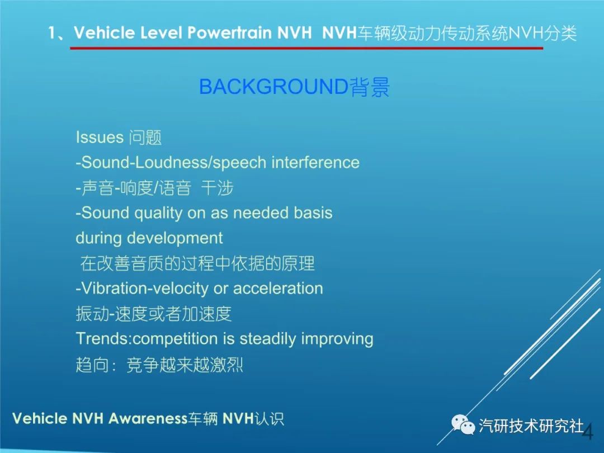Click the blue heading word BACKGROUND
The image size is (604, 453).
(x=273, y=86)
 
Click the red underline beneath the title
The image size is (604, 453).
(x=306, y=48)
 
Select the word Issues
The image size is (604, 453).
(x=100, y=138)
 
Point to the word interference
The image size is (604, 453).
(x=315, y=162)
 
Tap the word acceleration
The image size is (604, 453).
(x=278, y=289)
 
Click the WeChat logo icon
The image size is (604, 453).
(x=463, y=425)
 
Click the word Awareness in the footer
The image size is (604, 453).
(x=148, y=418)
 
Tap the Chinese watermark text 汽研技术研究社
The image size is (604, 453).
(x=531, y=426)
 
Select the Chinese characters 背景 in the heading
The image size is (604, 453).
(x=370, y=87)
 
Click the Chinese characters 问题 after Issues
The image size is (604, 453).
(x=145, y=138)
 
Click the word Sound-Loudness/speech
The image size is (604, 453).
(x=171, y=163)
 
